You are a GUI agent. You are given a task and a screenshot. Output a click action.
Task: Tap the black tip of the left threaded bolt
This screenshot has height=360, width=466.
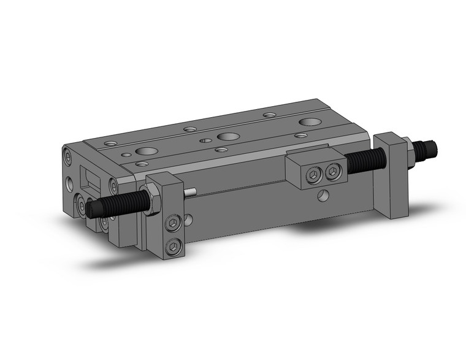coord(92,210)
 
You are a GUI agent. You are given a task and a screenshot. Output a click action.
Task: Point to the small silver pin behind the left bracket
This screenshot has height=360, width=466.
coord(191,193)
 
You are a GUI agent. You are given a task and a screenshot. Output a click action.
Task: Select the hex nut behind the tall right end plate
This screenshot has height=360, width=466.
coord(407,154)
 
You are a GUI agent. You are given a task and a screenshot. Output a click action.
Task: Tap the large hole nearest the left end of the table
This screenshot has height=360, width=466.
coord(147,151)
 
